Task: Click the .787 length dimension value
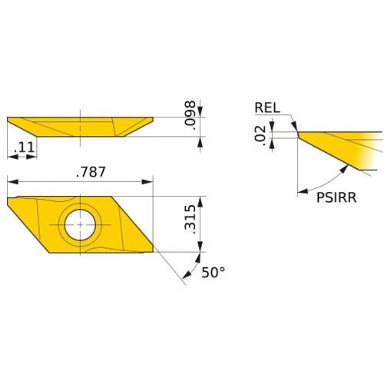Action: (x=90, y=173)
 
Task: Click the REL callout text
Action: (x=268, y=108)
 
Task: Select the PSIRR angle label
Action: (x=336, y=197)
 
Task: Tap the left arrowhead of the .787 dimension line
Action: (x=11, y=183)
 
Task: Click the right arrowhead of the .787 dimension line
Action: (x=149, y=183)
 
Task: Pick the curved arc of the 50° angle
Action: (x=187, y=267)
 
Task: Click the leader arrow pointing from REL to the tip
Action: (x=294, y=126)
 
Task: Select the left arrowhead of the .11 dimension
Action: (x=11, y=157)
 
